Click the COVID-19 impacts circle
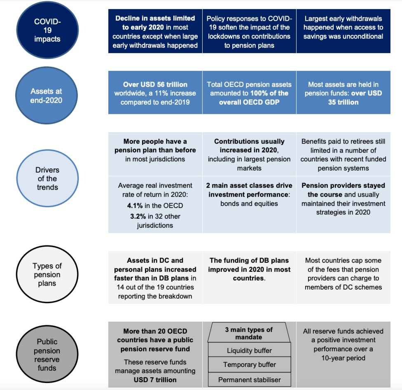[x=47, y=30]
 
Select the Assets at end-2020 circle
[x=47, y=96]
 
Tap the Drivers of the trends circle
[x=47, y=178]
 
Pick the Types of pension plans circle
[x=47, y=274]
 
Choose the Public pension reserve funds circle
[x=47, y=354]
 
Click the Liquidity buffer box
[x=250, y=350]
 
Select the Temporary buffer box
[x=250, y=364]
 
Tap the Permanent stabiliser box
[x=250, y=379]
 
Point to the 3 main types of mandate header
[x=249, y=333]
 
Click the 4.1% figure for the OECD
[x=135, y=206]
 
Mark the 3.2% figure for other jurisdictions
[x=138, y=216]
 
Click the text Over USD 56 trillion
[x=155, y=84]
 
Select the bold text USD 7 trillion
[x=155, y=380]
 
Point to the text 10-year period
[x=343, y=358]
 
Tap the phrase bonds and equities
[x=249, y=203]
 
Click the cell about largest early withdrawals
[x=343, y=31]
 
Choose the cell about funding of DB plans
[x=249, y=278]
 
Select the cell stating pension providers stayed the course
[x=343, y=205]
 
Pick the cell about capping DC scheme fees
[x=343, y=278]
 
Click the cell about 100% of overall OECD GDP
[x=249, y=93]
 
